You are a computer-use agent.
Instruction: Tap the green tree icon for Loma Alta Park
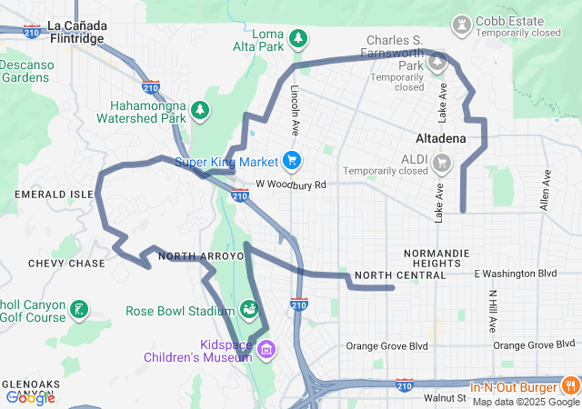(x=298, y=38)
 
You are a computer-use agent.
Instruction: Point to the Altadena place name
(x=440, y=139)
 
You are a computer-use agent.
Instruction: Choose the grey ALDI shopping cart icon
(x=442, y=164)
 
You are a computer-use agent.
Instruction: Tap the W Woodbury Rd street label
(x=290, y=185)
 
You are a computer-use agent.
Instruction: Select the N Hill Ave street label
(x=492, y=311)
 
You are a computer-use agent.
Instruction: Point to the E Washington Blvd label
(x=515, y=273)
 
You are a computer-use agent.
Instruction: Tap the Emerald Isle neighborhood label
(x=54, y=195)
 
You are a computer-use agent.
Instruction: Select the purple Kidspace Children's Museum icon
(x=266, y=348)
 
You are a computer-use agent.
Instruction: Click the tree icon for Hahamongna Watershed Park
(x=199, y=111)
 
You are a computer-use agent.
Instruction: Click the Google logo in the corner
(x=30, y=397)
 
